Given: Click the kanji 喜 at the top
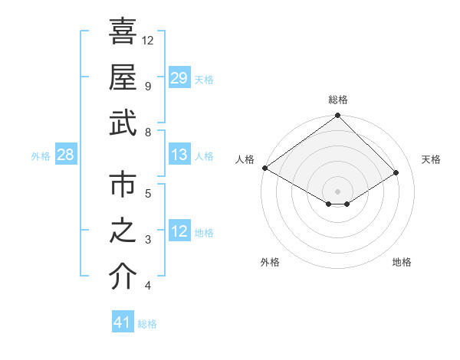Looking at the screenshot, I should pyautogui.click(x=123, y=31).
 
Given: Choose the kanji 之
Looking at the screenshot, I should pyautogui.click(x=123, y=231).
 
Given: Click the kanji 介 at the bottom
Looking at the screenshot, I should pyautogui.click(x=123, y=277).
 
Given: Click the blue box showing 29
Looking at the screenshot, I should pyautogui.click(x=179, y=78).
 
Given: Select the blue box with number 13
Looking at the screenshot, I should pyautogui.click(x=179, y=155).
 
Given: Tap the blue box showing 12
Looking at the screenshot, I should pyautogui.click(x=179, y=232).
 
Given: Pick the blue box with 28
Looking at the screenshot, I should pyautogui.click(x=66, y=155).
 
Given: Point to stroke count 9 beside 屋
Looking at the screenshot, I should pyautogui.click(x=148, y=86).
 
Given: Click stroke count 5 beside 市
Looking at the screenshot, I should pyautogui.click(x=148, y=193).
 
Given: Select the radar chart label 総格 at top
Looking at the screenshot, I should pyautogui.click(x=337, y=100).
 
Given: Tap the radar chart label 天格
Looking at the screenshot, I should pyautogui.click(x=432, y=159).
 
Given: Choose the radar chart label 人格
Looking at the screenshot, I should pyautogui.click(x=245, y=159).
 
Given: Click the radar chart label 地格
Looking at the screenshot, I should pyautogui.click(x=402, y=263).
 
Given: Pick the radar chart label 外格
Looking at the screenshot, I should pyautogui.click(x=270, y=263).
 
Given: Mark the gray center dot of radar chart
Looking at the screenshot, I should pyautogui.click(x=337, y=191).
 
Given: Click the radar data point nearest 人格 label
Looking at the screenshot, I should pyautogui.click(x=264, y=168).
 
